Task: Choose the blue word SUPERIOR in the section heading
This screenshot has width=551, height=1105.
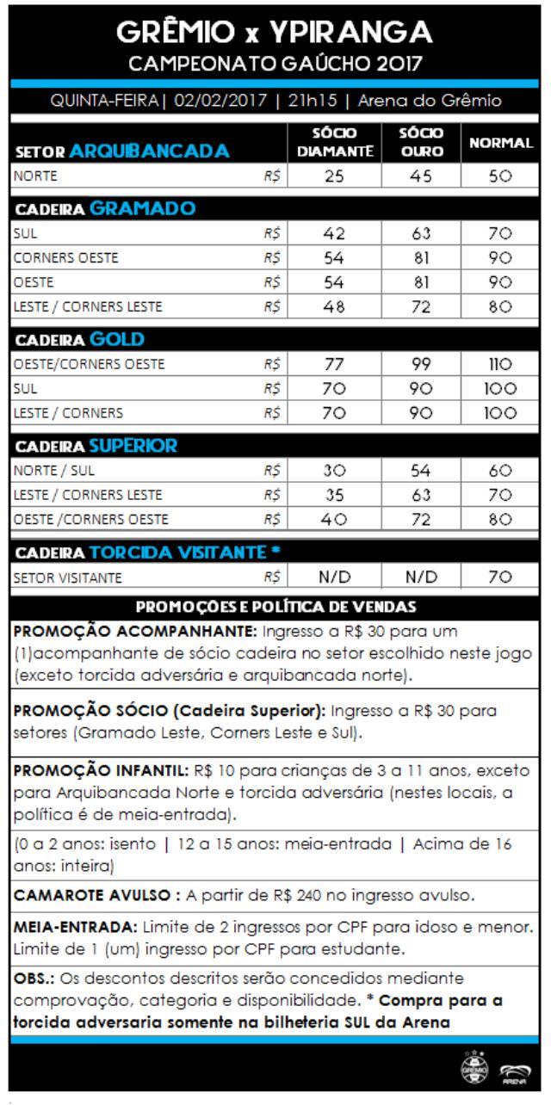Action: [x=133, y=446]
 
